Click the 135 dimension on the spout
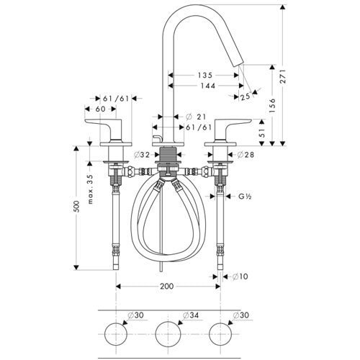pyautogui.click(x=206, y=73)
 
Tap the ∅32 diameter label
pyautogui.click(x=141, y=154)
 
